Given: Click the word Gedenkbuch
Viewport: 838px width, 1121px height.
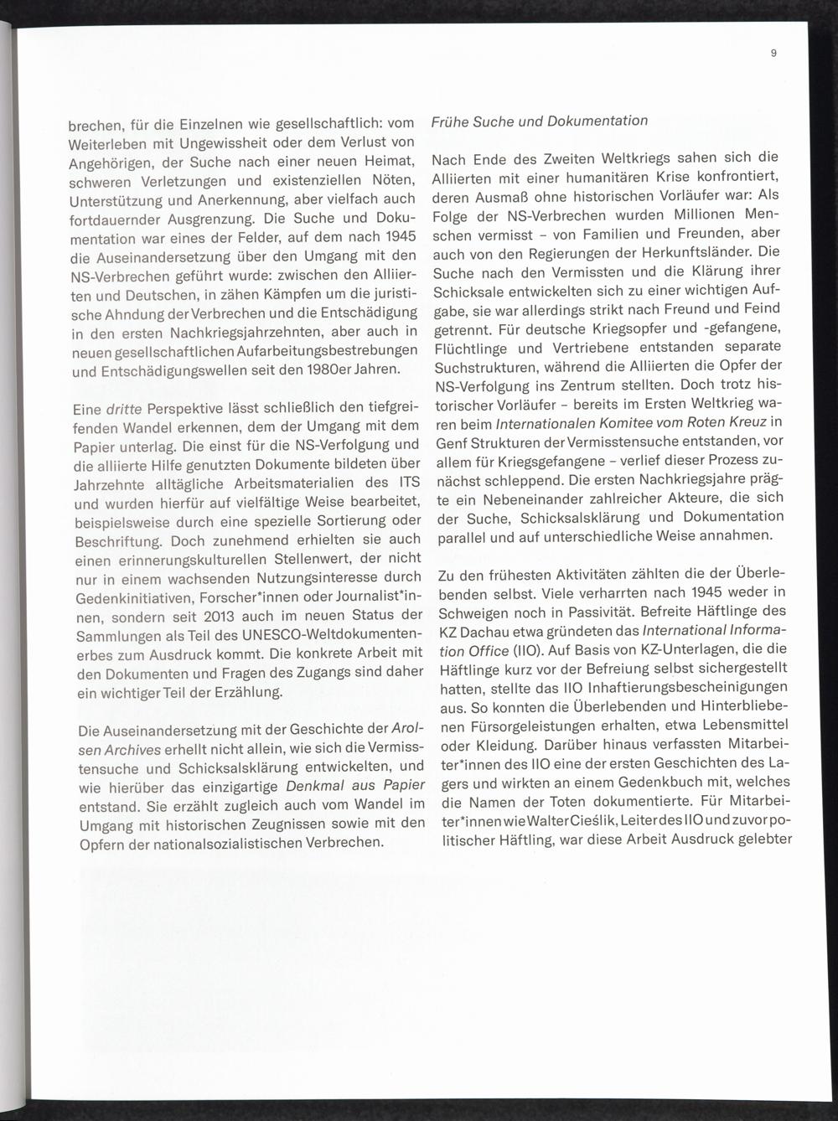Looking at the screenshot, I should click(x=644, y=781).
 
